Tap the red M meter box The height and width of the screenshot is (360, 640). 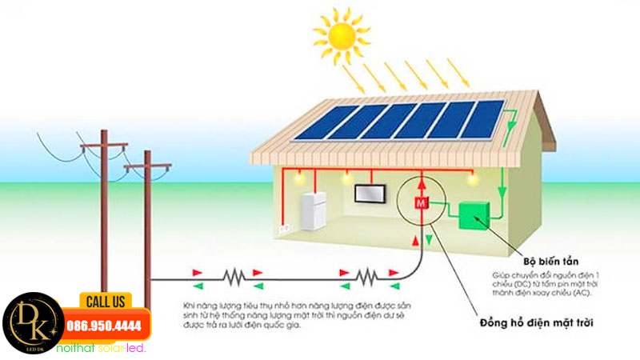420,205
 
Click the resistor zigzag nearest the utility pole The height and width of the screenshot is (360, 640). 233,278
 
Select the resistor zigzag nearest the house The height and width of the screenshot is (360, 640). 366,278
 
